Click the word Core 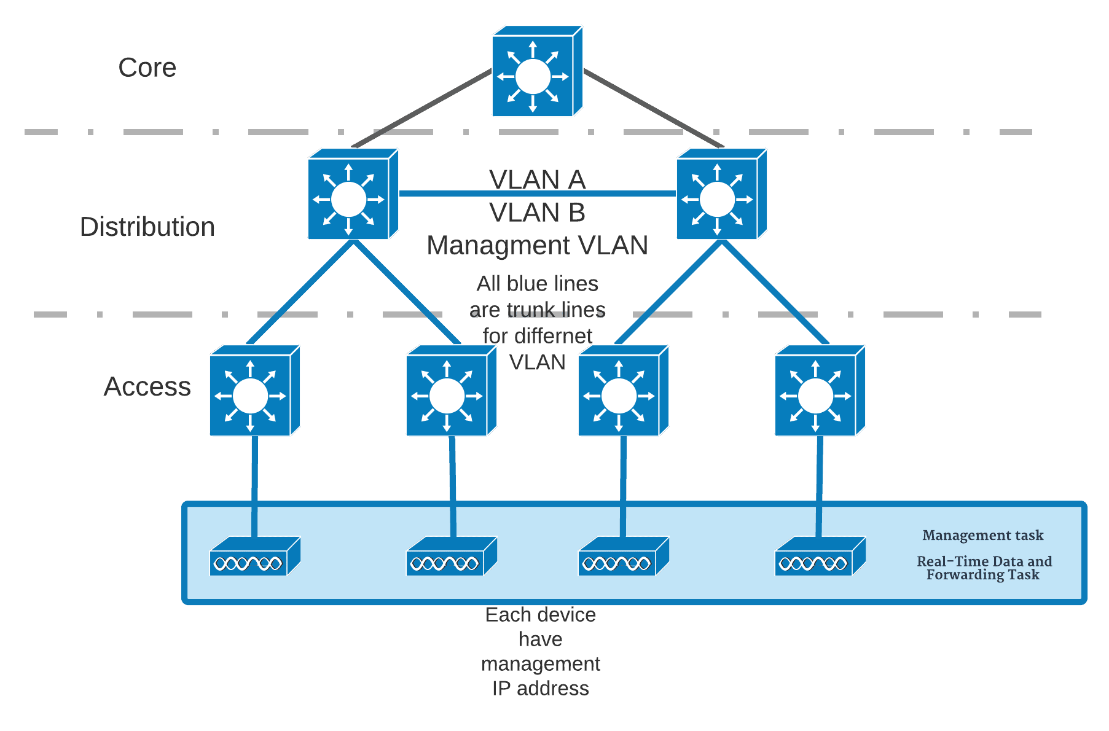pos(147,68)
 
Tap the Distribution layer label pos(147,227)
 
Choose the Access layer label pos(147,386)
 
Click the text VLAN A pos(537,179)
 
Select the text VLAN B pos(537,213)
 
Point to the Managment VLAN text pos(537,245)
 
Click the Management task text pos(982,535)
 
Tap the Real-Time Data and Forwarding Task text pos(984,568)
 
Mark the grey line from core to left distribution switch pos(424,108)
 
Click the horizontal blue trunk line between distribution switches pos(442,193)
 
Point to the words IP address pos(540,688)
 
